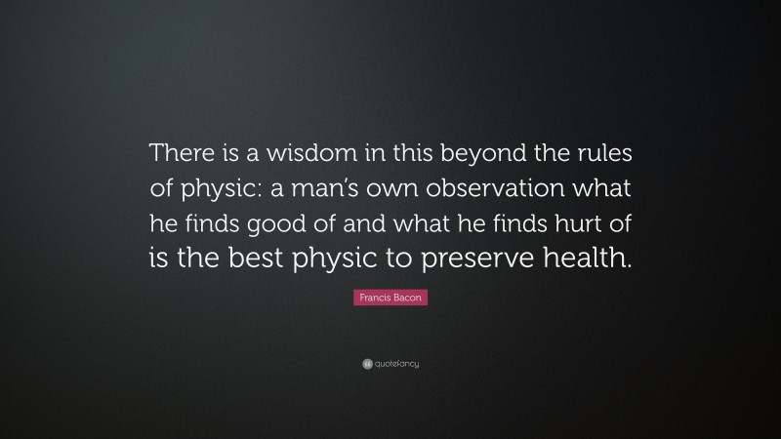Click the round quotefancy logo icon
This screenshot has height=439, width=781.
tap(366, 363)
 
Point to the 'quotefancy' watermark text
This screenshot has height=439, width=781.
tap(396, 363)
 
